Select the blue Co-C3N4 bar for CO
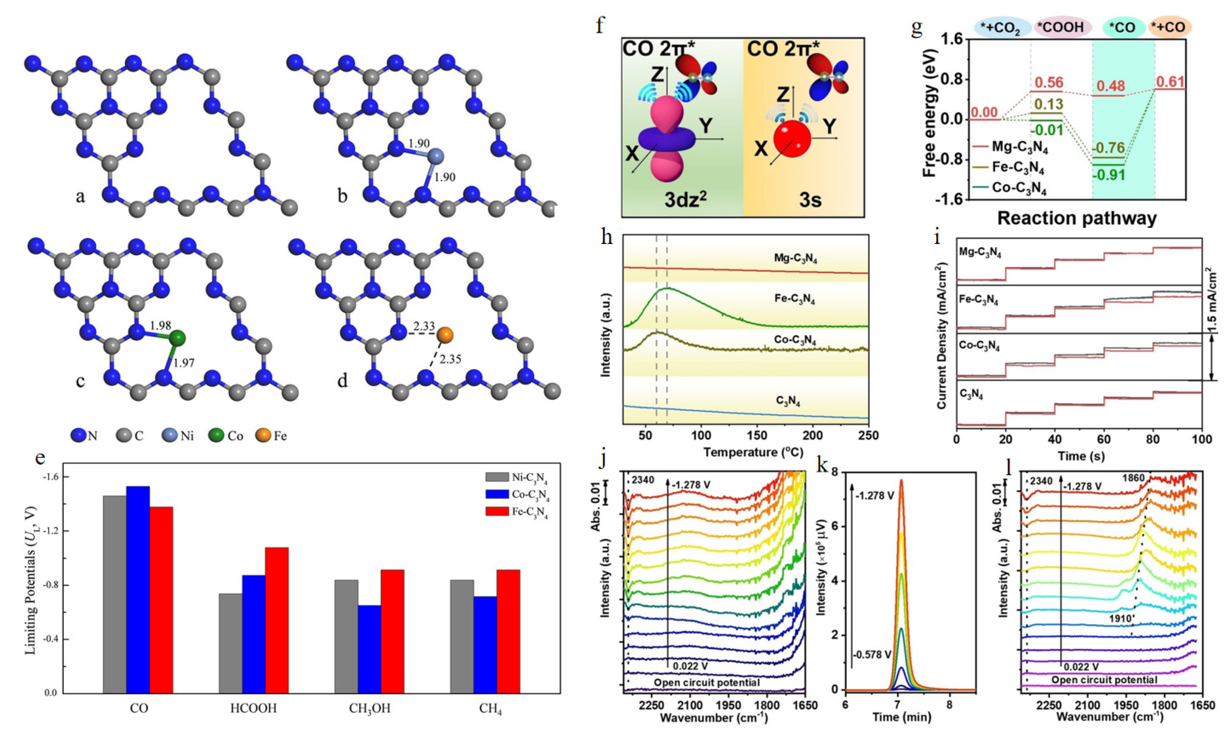tap(138, 589)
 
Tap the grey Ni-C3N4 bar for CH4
tap(462, 636)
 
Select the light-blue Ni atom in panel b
tap(435, 157)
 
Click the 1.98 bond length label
tap(160, 326)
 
